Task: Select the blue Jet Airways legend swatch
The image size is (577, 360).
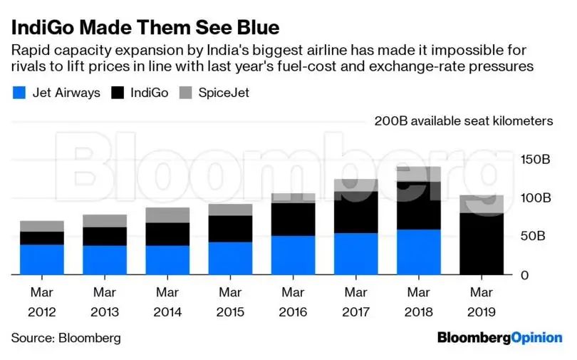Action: click(20, 93)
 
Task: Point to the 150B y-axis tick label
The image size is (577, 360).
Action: click(536, 159)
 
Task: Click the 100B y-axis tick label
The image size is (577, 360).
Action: click(536, 197)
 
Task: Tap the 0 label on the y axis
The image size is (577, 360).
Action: click(524, 274)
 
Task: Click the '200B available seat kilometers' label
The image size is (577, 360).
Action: click(464, 120)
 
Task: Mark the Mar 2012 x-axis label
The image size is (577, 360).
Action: click(42, 302)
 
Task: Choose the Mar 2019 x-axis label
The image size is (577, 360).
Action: click(482, 302)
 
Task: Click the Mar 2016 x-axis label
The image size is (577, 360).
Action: click(293, 302)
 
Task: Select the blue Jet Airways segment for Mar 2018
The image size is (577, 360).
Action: click(419, 252)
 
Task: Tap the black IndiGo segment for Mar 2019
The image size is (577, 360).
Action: click(482, 244)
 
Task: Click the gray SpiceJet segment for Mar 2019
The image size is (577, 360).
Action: click(482, 204)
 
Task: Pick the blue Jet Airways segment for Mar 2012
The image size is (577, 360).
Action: click(42, 259)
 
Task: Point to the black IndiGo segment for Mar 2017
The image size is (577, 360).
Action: click(356, 212)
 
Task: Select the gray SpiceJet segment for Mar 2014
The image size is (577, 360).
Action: click(167, 215)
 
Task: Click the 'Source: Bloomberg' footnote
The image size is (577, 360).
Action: click(66, 337)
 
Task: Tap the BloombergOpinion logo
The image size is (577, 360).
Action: click(499, 337)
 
